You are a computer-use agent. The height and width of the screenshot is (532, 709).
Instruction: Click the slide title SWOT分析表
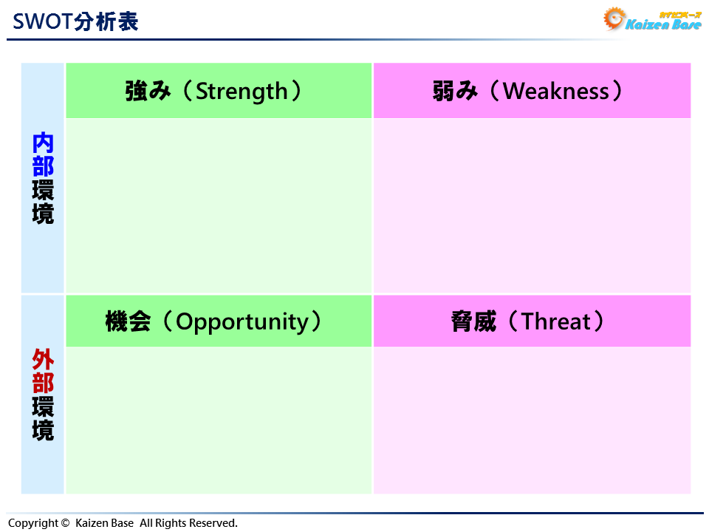[75, 21]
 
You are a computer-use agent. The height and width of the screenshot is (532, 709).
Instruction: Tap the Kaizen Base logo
[653, 20]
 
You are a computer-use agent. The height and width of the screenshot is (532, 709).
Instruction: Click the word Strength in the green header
[242, 91]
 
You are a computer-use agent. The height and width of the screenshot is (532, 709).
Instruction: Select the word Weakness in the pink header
[556, 91]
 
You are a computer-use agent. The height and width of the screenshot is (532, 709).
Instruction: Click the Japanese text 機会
[128, 321]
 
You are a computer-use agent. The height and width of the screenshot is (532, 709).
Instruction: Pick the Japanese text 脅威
[473, 321]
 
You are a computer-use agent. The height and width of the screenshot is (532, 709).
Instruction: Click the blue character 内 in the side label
[43, 143]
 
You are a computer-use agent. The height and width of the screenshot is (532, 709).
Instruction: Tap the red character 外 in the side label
[43, 360]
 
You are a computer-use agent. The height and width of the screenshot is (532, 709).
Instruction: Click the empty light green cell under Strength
[219, 205]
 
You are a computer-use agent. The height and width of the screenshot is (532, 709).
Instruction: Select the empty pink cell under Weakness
[532, 205]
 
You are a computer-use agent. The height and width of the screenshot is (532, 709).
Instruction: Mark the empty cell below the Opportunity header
[219, 420]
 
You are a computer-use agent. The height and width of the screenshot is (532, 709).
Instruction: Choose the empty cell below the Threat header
[532, 420]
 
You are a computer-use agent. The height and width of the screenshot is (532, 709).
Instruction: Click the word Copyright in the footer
[32, 523]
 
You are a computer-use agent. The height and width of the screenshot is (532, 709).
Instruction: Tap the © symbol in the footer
[66, 523]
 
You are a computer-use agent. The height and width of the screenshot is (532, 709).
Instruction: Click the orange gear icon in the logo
[614, 18]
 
